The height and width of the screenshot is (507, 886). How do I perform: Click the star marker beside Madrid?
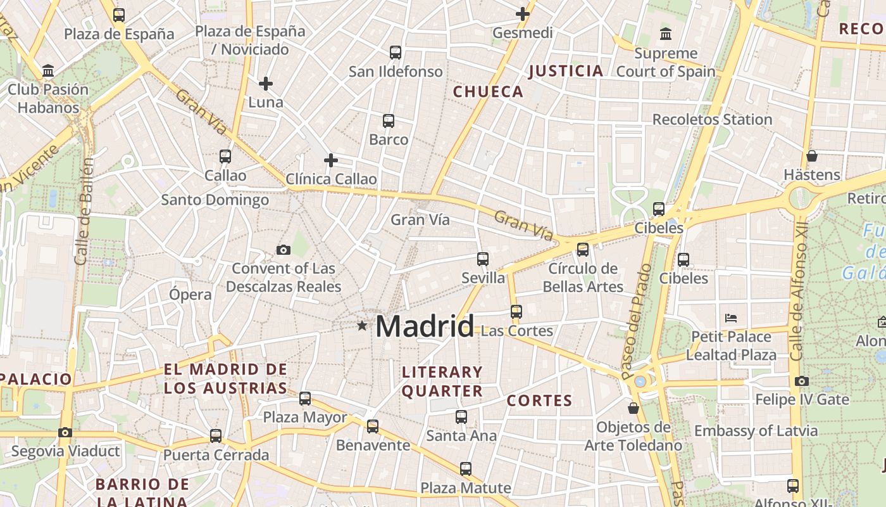pos(362,326)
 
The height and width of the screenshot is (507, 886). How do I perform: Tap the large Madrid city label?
pos(424,326)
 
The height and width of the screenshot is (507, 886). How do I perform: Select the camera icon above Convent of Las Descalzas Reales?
pos(284,250)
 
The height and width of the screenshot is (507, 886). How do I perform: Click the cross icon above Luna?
pos(266,83)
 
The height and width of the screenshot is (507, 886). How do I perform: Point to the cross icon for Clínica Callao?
pos(330,160)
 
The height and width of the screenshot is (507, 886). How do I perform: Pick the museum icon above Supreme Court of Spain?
pos(666,34)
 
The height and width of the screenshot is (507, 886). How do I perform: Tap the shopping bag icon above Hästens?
pos(812,155)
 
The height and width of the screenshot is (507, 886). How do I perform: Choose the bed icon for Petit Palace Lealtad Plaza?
pos(731,318)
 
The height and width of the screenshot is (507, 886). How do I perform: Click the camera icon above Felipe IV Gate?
pos(802,381)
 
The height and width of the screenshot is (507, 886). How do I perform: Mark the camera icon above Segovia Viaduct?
pos(65,433)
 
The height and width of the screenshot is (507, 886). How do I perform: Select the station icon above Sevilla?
pos(483,259)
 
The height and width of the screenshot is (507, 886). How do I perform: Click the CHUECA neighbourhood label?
pos(489,92)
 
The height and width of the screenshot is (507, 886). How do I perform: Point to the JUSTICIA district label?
pos(566,71)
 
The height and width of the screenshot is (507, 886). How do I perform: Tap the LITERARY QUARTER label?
pos(442,381)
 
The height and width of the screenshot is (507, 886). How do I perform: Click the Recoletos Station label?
pos(712,119)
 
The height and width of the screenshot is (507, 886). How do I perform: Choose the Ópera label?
pos(190,294)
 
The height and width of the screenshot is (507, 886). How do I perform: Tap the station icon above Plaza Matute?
pos(466,469)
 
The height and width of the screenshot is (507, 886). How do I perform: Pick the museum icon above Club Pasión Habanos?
pos(48,70)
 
